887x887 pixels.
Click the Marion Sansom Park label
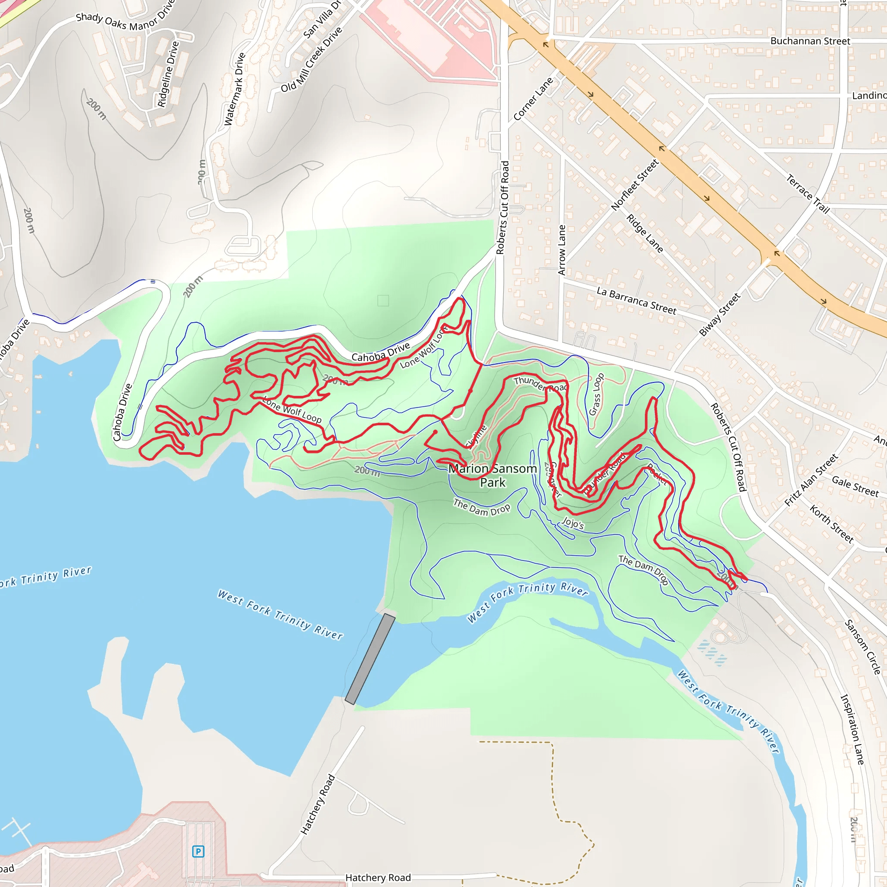pos(492,475)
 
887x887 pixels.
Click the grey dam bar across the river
pos(370,659)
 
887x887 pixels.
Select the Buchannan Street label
pos(810,41)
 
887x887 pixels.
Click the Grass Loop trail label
pos(596,395)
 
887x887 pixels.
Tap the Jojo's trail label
pos(573,523)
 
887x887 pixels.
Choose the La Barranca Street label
pos(636,301)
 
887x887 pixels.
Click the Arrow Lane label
pos(562,250)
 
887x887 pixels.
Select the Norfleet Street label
pos(635,185)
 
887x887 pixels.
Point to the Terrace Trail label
pos(808,194)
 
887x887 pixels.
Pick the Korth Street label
pos(831,524)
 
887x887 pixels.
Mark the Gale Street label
pos(855,486)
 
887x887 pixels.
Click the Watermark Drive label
pos(235,89)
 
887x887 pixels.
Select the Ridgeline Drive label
pos(168,74)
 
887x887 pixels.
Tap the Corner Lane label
pos(534,99)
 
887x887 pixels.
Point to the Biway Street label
pos(719,314)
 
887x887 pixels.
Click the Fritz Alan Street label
pos(811,480)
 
